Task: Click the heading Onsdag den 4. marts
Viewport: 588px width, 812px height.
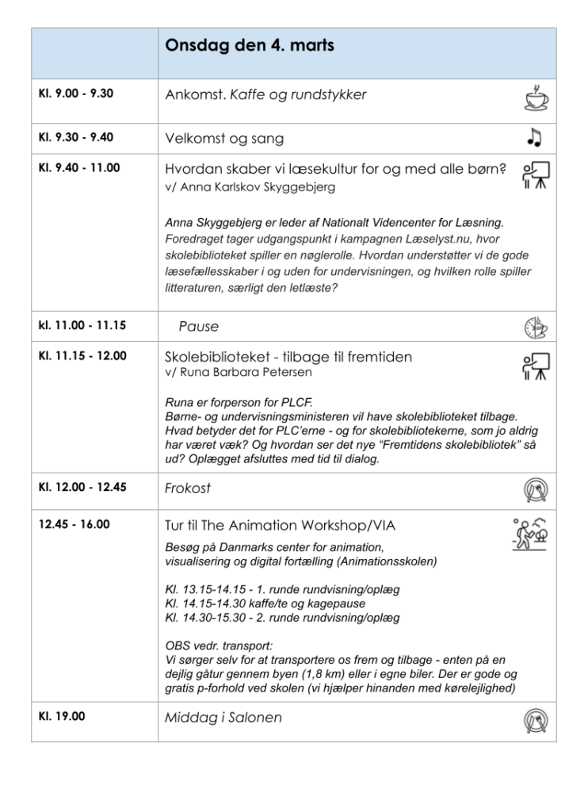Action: click(249, 46)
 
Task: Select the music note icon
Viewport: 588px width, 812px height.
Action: click(534, 138)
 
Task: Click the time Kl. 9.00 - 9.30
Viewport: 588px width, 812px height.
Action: click(76, 94)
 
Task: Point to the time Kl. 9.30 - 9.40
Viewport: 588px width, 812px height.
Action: click(76, 137)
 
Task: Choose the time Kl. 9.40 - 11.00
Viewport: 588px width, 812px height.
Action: click(79, 168)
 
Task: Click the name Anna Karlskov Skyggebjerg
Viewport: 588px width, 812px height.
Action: click(254, 187)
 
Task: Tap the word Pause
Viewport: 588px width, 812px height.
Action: click(198, 326)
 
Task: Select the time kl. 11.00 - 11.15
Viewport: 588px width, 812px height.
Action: click(82, 324)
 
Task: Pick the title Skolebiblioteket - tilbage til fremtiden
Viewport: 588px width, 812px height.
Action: click(288, 357)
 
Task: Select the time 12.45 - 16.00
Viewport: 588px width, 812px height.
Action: click(74, 524)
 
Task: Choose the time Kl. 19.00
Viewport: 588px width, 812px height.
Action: click(62, 716)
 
